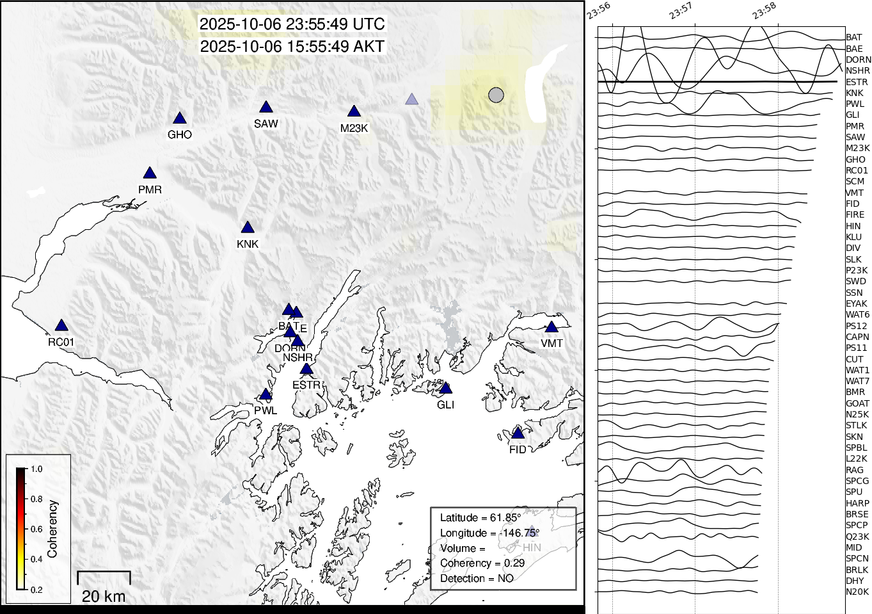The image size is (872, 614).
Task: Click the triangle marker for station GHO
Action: click(x=180, y=118)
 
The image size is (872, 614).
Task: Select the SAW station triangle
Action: click(x=266, y=108)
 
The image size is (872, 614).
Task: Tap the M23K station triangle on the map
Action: click(x=354, y=112)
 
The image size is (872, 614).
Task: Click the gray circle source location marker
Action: click(x=496, y=95)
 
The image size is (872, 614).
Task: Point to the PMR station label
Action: click(x=150, y=190)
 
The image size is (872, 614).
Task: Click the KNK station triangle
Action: click(x=248, y=228)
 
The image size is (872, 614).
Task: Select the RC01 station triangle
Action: click(x=61, y=326)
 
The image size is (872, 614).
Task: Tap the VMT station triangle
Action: click(x=551, y=327)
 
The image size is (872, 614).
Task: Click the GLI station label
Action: click(x=445, y=405)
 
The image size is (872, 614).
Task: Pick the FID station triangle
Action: click(x=518, y=434)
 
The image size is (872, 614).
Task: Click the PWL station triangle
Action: click(x=266, y=395)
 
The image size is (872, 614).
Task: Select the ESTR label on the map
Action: click(x=306, y=385)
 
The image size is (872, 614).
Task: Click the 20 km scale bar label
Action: click(x=104, y=597)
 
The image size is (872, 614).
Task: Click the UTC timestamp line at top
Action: click(x=292, y=24)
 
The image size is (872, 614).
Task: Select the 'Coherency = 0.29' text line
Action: click(x=482, y=563)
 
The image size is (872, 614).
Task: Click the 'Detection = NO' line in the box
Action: click(x=477, y=578)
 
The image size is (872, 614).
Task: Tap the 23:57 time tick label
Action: click(x=681, y=11)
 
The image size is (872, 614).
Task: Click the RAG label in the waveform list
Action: click(x=854, y=470)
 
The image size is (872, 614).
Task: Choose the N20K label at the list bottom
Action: click(x=857, y=592)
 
